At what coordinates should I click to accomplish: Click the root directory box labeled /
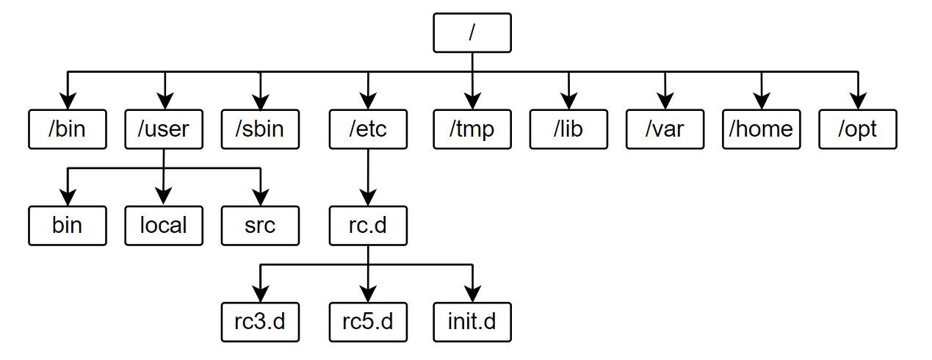[x=472, y=33]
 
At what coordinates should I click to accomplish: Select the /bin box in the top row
[x=68, y=129]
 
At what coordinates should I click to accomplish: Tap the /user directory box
[x=164, y=129]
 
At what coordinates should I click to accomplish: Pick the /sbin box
[x=260, y=129]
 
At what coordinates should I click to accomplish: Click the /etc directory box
[x=368, y=129]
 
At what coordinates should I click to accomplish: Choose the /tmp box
[x=472, y=129]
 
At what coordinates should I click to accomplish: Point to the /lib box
[x=568, y=129]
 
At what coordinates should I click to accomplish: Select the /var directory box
[x=665, y=129]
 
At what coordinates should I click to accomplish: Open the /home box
[x=761, y=129]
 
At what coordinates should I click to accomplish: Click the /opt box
[x=858, y=129]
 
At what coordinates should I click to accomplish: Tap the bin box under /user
[x=68, y=226]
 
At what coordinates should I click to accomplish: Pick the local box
[x=164, y=226]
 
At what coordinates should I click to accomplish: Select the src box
[x=260, y=226]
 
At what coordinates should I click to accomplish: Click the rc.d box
[x=368, y=226]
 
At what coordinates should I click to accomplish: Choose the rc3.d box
[x=260, y=322]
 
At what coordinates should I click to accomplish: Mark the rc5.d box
[x=368, y=322]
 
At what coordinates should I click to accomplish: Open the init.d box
[x=472, y=322]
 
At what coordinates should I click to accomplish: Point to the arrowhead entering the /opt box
[x=858, y=102]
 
